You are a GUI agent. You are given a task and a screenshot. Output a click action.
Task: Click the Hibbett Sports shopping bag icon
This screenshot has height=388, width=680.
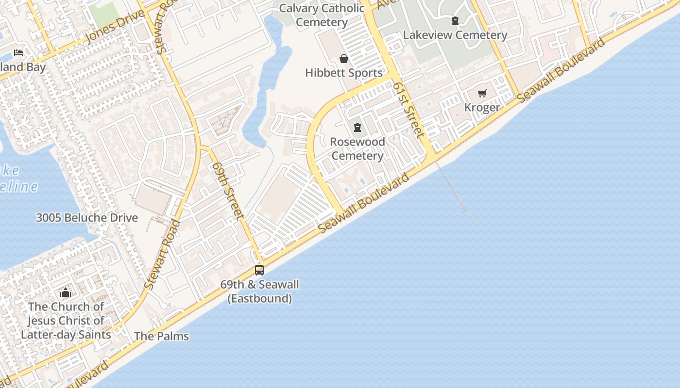tap(344, 59)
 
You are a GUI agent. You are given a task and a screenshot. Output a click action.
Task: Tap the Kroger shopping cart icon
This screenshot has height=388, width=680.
tap(482, 93)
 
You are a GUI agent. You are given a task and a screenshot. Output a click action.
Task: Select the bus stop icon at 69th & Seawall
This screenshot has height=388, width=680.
tap(259, 270)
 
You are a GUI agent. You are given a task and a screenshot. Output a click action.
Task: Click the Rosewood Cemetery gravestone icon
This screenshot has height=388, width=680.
tap(357, 128)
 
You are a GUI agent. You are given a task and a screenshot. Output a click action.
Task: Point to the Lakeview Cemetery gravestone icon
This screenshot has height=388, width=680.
tap(455, 21)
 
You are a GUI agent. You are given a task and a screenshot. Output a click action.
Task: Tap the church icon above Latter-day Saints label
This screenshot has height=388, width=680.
tap(66, 292)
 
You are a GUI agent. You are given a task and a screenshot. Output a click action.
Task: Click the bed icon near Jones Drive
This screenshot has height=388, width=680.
tap(18, 52)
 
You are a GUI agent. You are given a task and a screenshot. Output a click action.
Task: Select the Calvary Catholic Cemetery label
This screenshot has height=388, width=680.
tap(322, 15)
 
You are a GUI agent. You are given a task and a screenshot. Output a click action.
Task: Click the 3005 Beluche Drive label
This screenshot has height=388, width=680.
tap(87, 218)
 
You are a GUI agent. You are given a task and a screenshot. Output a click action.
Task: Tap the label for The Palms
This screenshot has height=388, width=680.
tap(161, 336)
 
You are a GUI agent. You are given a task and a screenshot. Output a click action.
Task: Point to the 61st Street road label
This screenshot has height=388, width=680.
tap(409, 110)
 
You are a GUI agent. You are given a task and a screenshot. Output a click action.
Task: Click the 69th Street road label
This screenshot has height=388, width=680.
tap(227, 190)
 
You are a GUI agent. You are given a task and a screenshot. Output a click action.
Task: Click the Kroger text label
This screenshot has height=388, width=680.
tap(482, 107)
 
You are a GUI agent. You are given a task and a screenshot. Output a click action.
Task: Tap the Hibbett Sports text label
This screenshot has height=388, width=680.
tap(344, 73)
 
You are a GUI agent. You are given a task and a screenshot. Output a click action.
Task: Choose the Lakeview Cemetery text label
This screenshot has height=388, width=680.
tap(455, 35)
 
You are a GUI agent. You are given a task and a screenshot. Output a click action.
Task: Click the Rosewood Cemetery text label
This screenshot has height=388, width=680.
tap(357, 149)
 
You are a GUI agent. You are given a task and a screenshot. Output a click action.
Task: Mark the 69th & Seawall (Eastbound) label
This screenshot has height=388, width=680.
tap(259, 291)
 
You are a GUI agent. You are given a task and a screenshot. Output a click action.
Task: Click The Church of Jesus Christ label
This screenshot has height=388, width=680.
tap(66, 321)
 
